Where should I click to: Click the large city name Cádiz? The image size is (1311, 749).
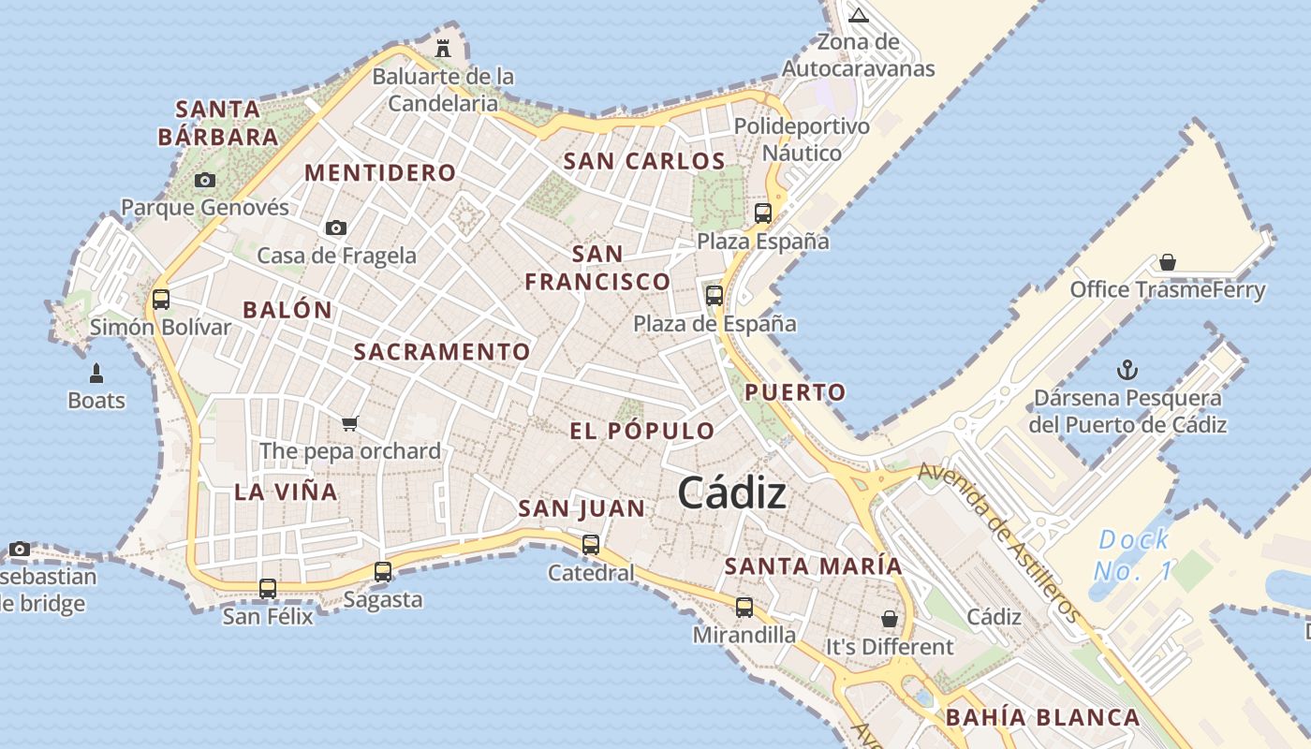click(731, 492)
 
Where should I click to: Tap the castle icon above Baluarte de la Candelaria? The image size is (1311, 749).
click(443, 48)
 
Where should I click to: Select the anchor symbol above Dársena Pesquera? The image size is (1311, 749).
click(1127, 370)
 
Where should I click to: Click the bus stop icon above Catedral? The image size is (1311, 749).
click(591, 544)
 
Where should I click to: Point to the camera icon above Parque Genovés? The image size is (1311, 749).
click(205, 180)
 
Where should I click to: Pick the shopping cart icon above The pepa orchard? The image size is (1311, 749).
click(350, 423)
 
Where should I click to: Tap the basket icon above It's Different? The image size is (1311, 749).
click(889, 619)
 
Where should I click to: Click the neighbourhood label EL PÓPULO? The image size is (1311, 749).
click(642, 431)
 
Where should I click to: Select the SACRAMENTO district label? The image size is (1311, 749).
click(442, 352)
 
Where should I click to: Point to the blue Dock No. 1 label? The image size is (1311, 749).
click(1133, 554)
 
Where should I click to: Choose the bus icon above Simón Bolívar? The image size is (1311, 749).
click(161, 300)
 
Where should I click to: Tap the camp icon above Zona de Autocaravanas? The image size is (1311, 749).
click(859, 15)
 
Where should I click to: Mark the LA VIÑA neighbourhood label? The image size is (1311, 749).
click(286, 492)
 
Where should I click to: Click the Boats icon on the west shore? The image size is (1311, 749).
click(96, 374)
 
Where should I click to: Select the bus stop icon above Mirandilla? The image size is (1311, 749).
click(744, 608)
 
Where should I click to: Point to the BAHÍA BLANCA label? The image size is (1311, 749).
click(1042, 718)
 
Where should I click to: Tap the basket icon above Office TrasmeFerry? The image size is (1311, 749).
click(1167, 262)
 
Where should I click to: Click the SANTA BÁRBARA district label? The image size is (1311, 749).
click(218, 123)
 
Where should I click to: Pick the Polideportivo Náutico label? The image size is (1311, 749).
click(802, 139)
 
